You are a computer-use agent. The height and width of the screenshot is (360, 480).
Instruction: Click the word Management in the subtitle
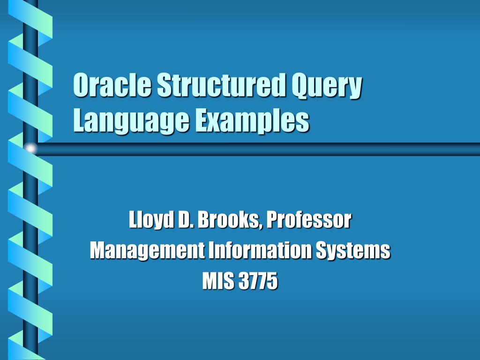[147, 251]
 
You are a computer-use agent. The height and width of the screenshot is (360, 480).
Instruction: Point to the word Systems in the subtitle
[352, 251]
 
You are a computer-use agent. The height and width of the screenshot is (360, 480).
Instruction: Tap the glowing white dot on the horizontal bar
[30, 149]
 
